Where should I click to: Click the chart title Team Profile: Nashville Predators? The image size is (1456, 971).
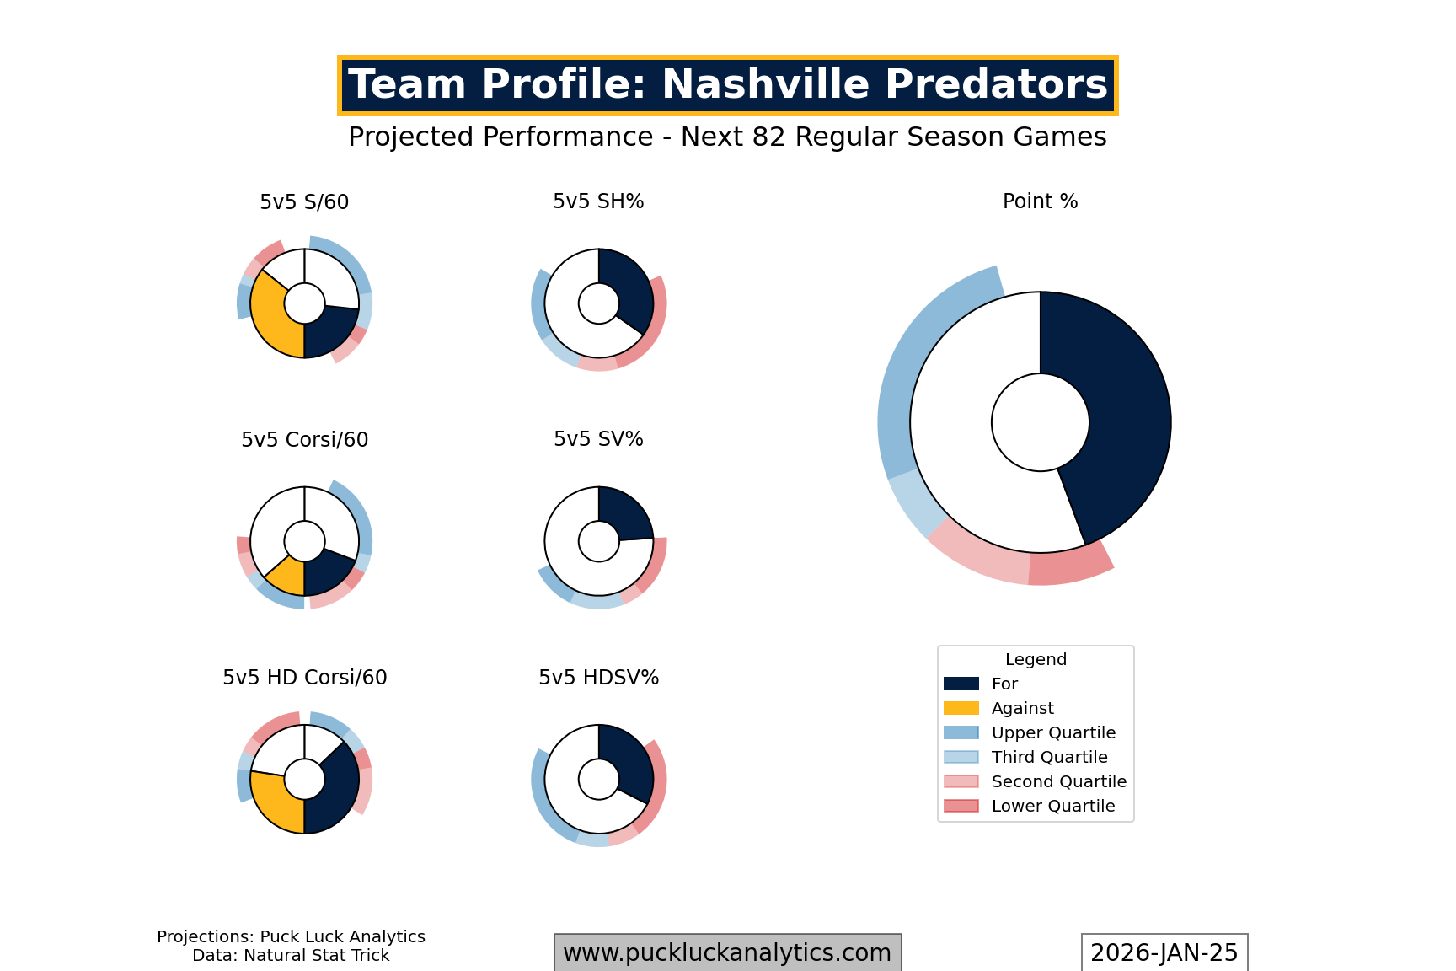point(727,85)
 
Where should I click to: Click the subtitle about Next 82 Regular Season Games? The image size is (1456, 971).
point(727,137)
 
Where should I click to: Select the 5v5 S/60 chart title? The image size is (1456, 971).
point(304,202)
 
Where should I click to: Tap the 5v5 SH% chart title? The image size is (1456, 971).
point(598,201)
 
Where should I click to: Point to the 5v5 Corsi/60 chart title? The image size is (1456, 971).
point(304,440)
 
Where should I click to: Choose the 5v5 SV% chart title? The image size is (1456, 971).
point(598,439)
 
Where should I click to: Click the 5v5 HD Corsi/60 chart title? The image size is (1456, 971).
point(304,678)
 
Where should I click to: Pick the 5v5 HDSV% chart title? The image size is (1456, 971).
point(598,678)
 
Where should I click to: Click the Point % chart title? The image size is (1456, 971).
point(1040,201)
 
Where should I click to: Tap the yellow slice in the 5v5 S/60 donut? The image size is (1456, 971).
point(270,316)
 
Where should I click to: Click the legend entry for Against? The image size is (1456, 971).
point(1022,708)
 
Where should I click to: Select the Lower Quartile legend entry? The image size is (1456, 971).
point(1052,806)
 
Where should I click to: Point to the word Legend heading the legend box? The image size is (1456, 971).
point(1036,659)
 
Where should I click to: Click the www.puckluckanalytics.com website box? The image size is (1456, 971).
point(727,952)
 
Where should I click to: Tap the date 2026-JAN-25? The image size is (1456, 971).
point(1164,952)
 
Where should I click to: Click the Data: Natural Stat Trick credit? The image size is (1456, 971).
point(291,956)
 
